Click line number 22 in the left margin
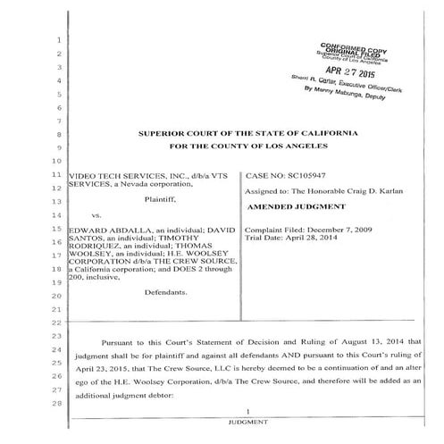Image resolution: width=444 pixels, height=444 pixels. [55, 322]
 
